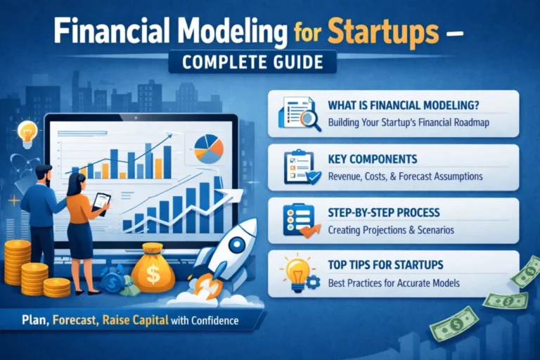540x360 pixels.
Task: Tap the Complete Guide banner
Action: click(x=252, y=61)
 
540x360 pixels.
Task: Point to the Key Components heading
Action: click(x=372, y=159)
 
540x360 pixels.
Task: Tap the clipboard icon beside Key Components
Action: click(x=298, y=167)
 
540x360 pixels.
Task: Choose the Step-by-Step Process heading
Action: click(x=384, y=212)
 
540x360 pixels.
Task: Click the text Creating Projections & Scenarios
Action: click(x=391, y=229)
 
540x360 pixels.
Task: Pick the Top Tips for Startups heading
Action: click(x=385, y=266)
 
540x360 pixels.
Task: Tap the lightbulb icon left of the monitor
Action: click(x=27, y=132)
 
